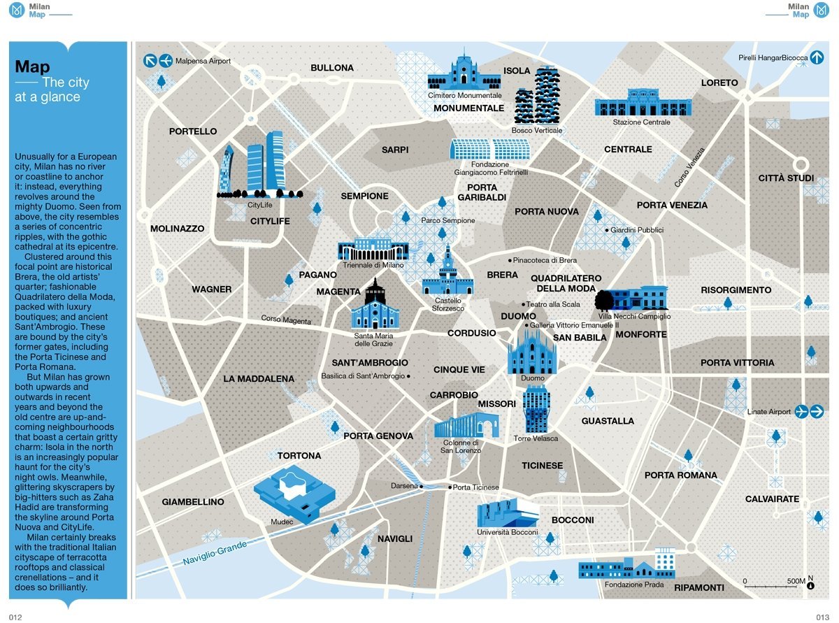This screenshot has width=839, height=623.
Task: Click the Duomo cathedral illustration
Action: (532, 351)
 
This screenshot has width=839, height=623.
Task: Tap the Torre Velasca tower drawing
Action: (536, 409)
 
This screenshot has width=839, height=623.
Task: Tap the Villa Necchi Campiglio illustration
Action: (632, 299)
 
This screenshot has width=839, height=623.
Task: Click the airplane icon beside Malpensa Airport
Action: (166, 61)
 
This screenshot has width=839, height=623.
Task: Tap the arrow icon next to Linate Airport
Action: (817, 411)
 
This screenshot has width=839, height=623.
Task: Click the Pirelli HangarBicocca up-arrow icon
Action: (817, 58)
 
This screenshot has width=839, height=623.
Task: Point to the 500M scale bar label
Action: (796, 581)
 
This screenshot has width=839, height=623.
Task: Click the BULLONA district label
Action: (332, 68)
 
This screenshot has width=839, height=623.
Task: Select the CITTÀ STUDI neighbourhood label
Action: (786, 178)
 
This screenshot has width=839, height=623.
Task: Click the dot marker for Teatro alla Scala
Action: (523, 304)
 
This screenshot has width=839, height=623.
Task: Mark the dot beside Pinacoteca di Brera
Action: (510, 260)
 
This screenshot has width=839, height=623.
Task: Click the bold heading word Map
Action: (32, 67)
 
